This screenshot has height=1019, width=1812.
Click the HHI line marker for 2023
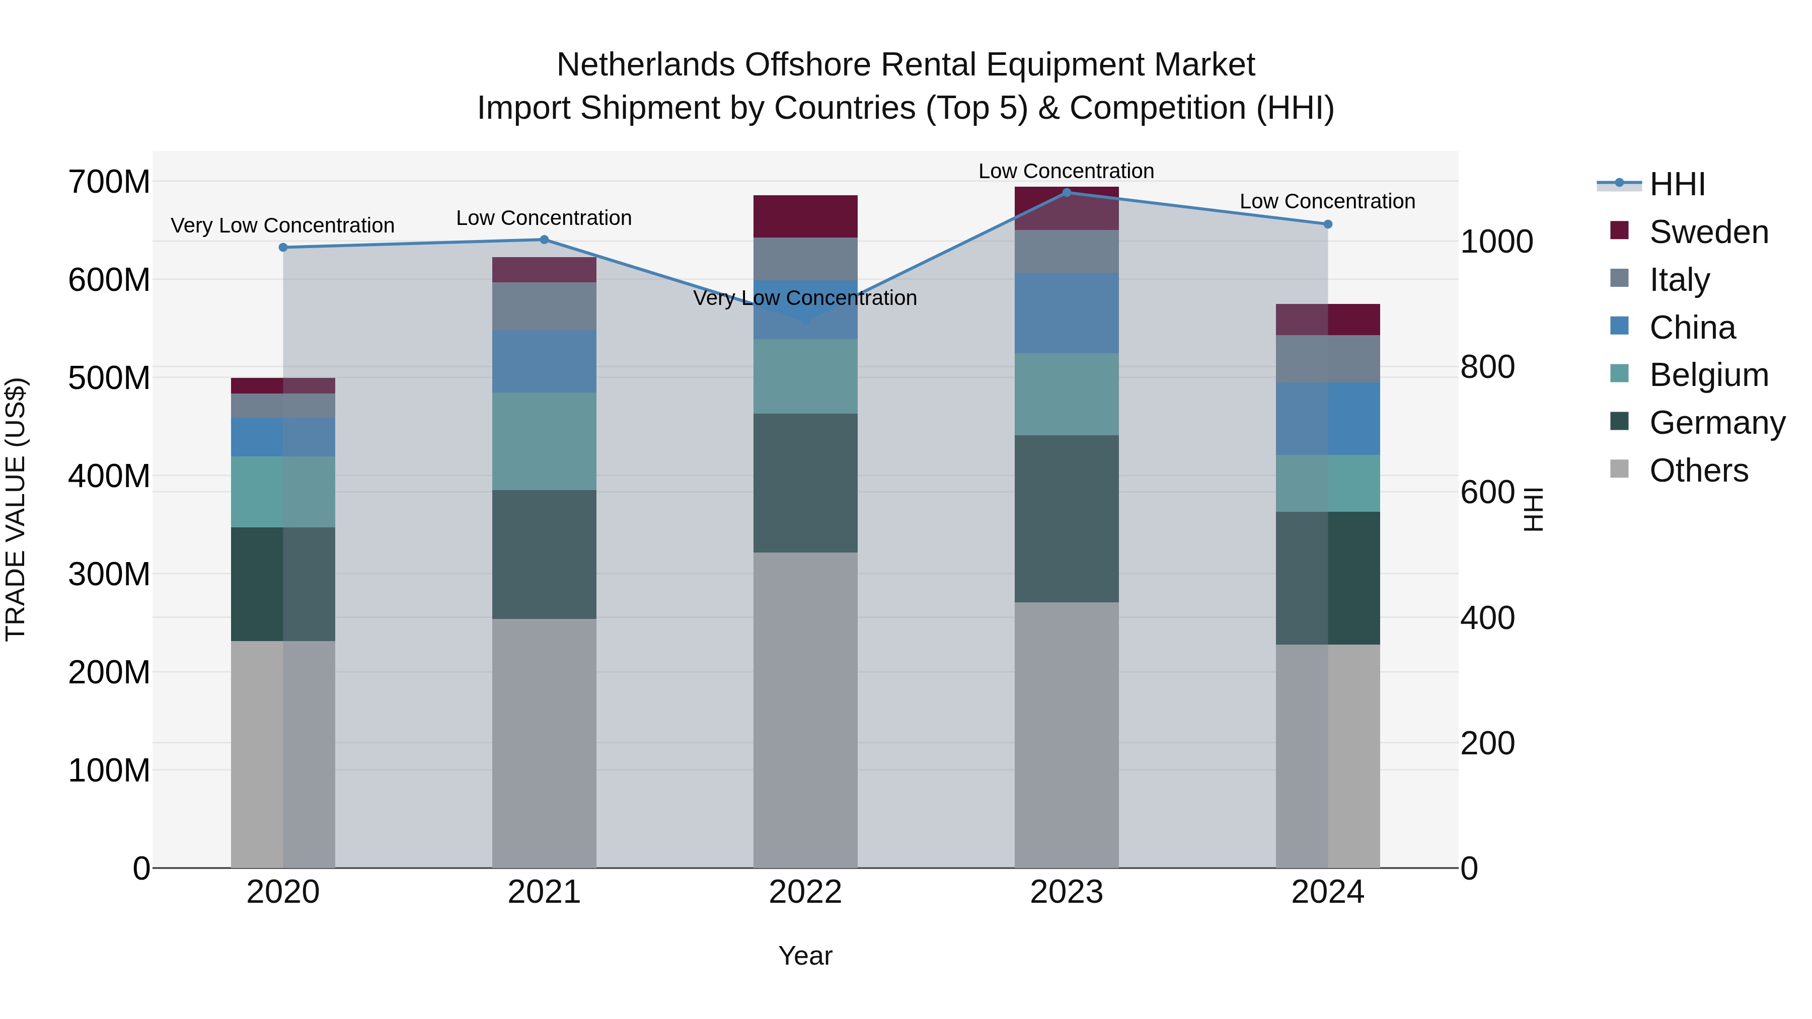click(x=1067, y=193)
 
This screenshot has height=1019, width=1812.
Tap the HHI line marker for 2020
click(x=283, y=248)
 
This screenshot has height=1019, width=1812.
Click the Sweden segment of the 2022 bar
click(x=805, y=216)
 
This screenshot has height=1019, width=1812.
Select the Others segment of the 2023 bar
click(x=1067, y=735)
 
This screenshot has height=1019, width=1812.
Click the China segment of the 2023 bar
click(x=1067, y=313)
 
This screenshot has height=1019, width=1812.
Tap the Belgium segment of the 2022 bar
click(x=805, y=377)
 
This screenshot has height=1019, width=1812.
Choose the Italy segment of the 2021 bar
click(x=544, y=306)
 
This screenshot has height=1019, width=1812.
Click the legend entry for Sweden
click(x=1708, y=232)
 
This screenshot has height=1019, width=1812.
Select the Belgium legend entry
click(x=1708, y=375)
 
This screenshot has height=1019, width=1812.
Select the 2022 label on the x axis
click(x=805, y=892)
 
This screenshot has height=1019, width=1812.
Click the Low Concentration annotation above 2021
click(x=544, y=218)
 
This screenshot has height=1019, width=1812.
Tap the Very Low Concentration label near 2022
click(x=805, y=298)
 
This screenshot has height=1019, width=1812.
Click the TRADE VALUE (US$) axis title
click(x=16, y=509)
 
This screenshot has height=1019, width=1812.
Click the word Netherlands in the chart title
click(x=645, y=65)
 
